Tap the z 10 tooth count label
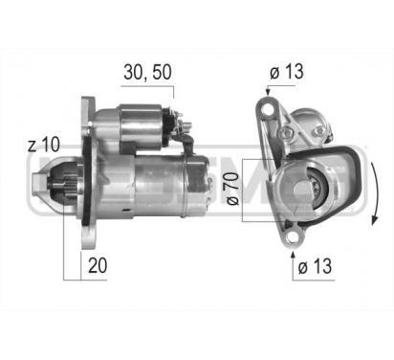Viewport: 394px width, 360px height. [x=44, y=145]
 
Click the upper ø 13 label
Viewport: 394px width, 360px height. [x=291, y=71]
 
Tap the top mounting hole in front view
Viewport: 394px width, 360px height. [x=265, y=107]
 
